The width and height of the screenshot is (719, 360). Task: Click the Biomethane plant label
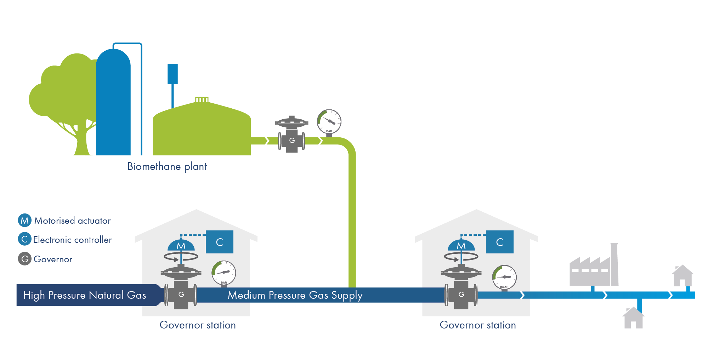pos(167,166)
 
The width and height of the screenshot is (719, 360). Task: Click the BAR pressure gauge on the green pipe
pos(329,121)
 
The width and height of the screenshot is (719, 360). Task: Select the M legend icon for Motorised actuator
pos(24,220)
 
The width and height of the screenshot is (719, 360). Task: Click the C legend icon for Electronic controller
pos(24,239)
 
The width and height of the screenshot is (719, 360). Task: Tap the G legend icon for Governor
pos(24,259)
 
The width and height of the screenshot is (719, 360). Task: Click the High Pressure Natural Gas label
pos(85,295)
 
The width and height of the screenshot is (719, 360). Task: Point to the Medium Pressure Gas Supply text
pos(295,295)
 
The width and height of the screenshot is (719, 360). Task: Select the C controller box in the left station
pos(220,242)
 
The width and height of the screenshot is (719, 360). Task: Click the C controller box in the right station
pos(500,242)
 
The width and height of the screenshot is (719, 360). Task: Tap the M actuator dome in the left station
pos(181,245)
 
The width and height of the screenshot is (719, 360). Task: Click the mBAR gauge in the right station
pos(504,277)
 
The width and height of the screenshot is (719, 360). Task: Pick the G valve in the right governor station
pos(461,294)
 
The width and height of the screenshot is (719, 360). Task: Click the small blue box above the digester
pos(172,74)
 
